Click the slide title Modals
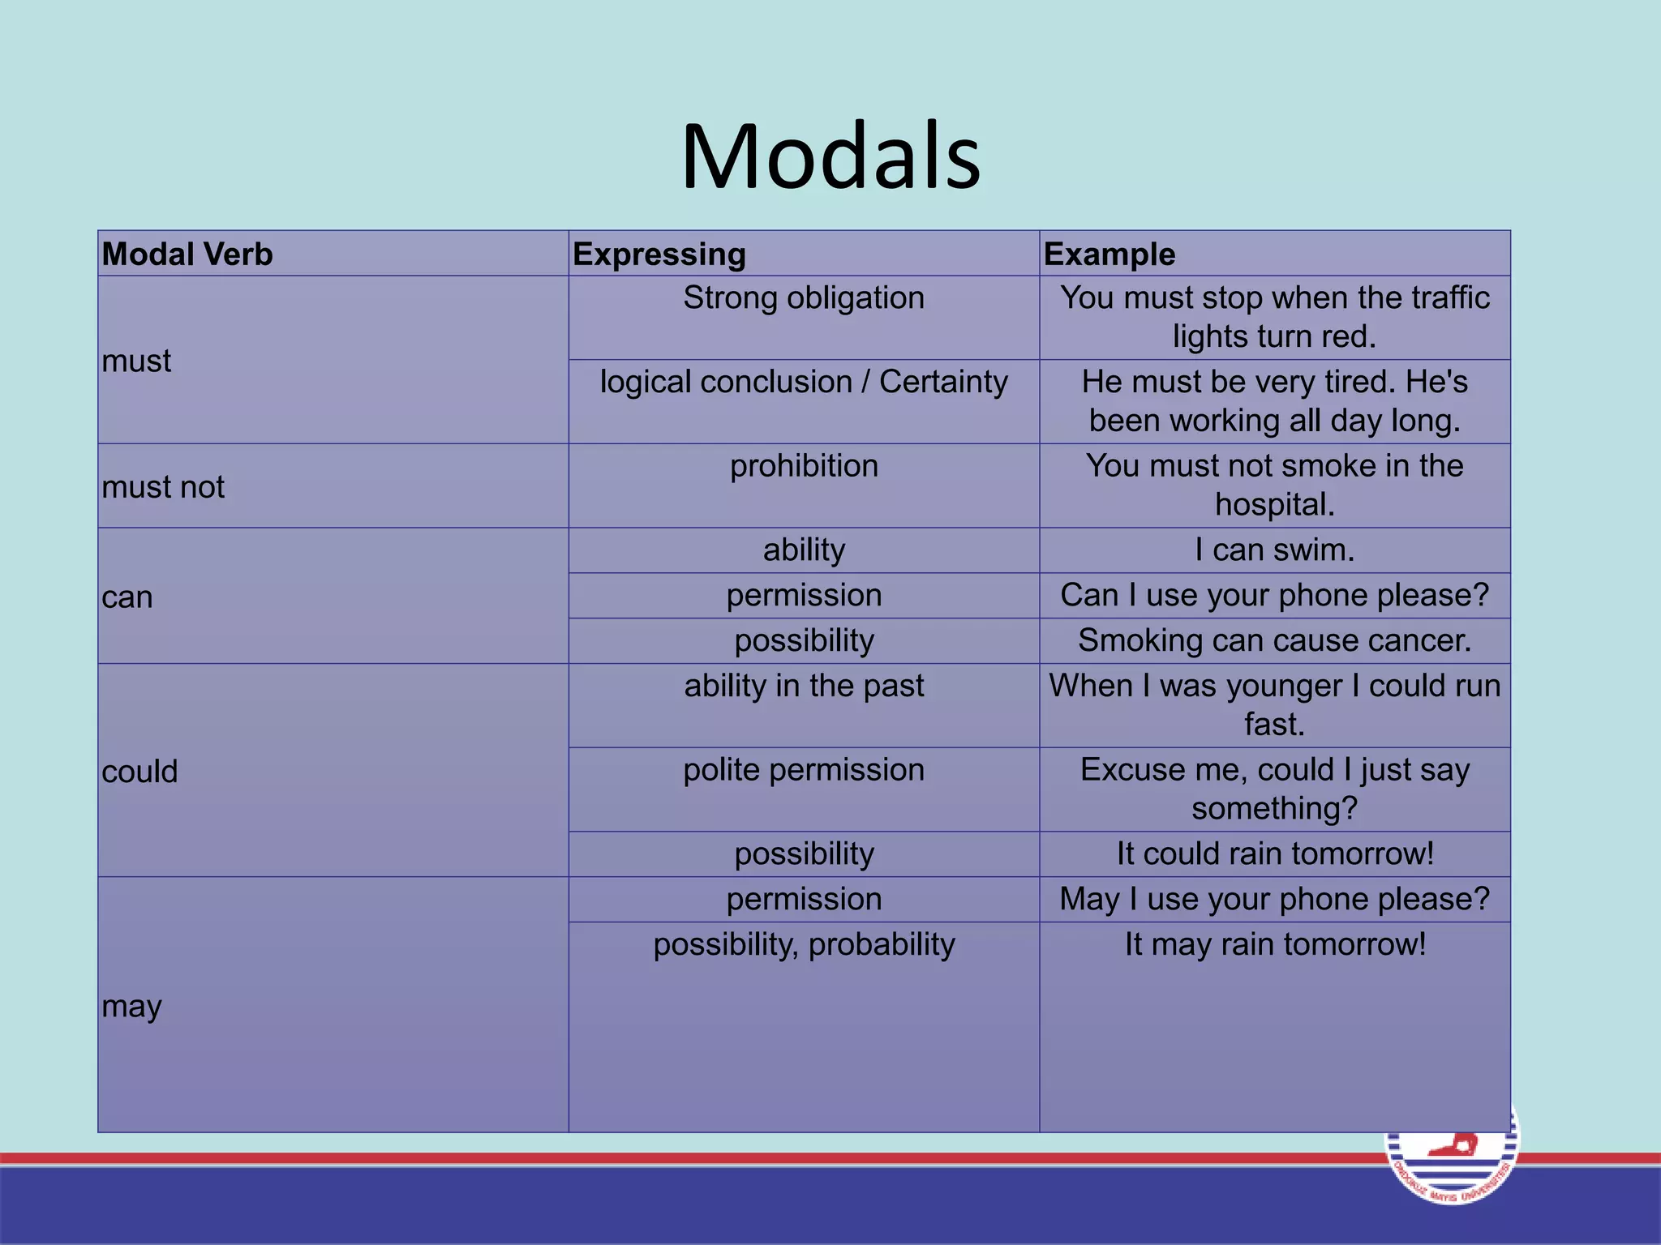click(830, 156)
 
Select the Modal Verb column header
click(187, 255)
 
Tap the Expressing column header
click(659, 255)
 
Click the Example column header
click(1109, 255)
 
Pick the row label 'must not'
click(163, 487)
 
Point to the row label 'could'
click(139, 772)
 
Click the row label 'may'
click(131, 1007)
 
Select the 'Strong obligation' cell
click(803, 298)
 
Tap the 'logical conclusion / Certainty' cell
click(803, 382)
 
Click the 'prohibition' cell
click(803, 466)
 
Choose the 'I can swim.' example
click(1274, 550)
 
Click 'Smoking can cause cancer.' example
click(1274, 641)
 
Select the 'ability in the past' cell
click(803, 687)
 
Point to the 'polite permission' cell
click(803, 770)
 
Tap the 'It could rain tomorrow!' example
click(1274, 854)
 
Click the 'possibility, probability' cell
click(803, 945)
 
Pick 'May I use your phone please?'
click(1274, 900)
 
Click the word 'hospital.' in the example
click(1274, 505)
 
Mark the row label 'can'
click(127, 597)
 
